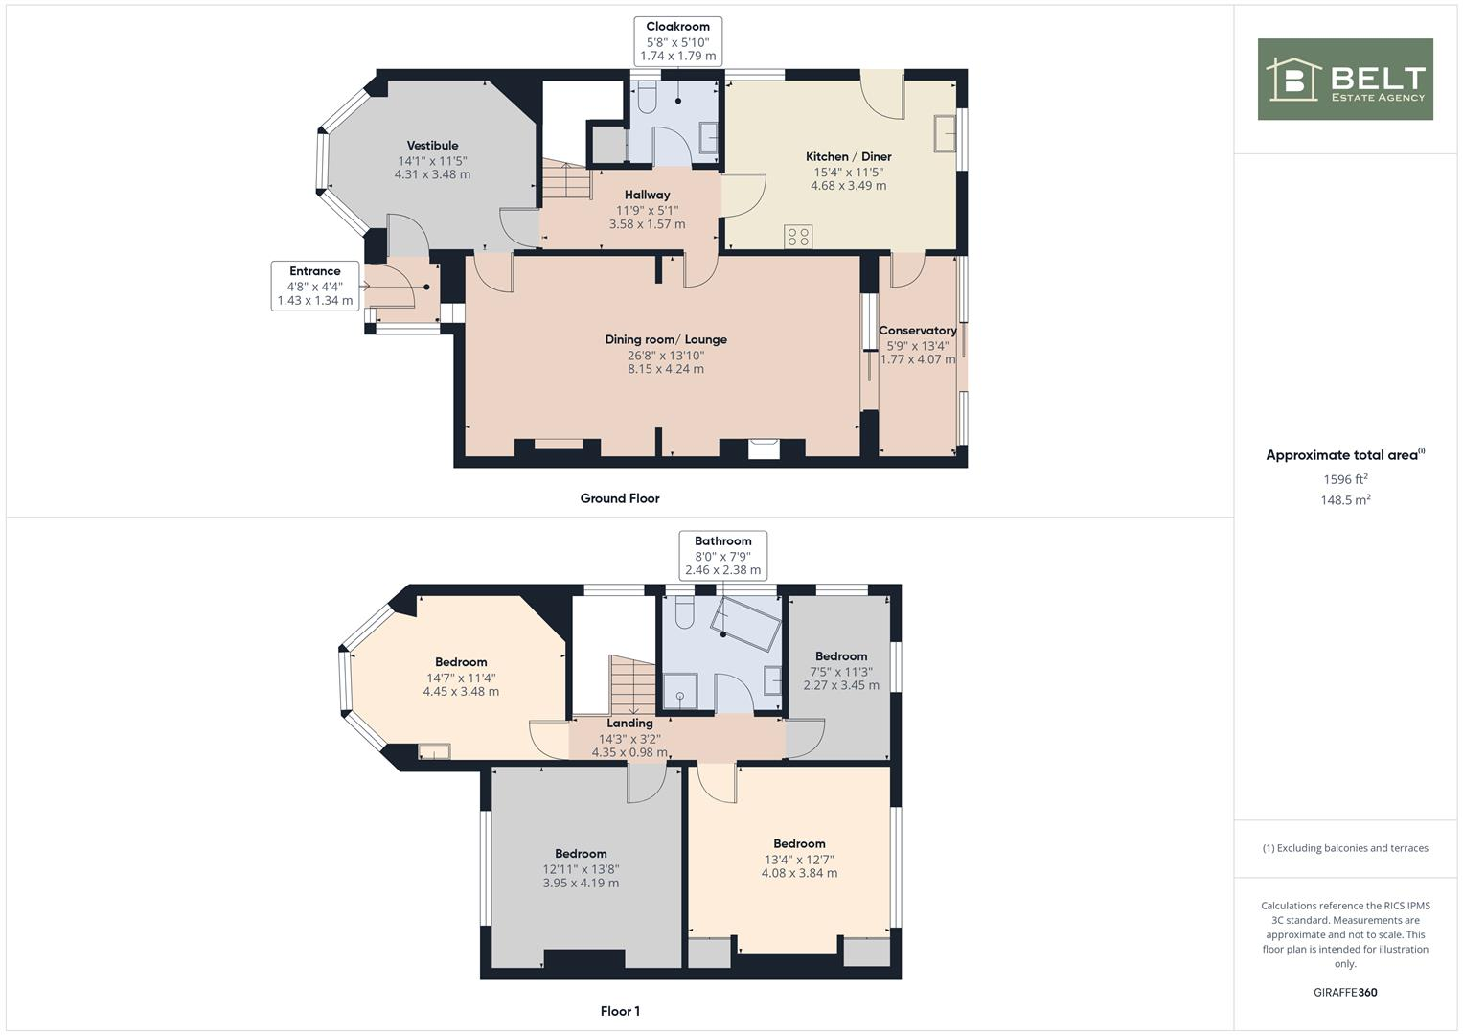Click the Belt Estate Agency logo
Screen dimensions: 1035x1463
1344,80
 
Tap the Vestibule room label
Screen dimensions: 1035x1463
432,146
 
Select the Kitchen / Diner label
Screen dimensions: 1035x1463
848,156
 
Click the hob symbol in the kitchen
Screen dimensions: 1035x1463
798,236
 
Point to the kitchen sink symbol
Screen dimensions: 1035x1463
944,132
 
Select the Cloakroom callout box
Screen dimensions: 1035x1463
678,41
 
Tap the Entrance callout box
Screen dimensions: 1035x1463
315,286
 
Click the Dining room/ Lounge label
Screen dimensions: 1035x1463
666,339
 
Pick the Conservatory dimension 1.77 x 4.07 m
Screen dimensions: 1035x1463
918,359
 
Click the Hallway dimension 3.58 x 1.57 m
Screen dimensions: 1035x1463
647,224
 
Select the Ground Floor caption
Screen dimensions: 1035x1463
620,498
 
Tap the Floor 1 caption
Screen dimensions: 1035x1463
620,1011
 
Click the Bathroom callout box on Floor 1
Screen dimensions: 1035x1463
722,555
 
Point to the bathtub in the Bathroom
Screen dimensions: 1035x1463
745,626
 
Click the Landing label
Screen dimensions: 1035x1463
629,724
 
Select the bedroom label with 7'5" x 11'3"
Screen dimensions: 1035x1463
840,656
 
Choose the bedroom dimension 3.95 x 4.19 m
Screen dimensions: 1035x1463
581,883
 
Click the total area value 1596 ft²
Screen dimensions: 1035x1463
1345,479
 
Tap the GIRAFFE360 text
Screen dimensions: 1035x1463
1345,992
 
